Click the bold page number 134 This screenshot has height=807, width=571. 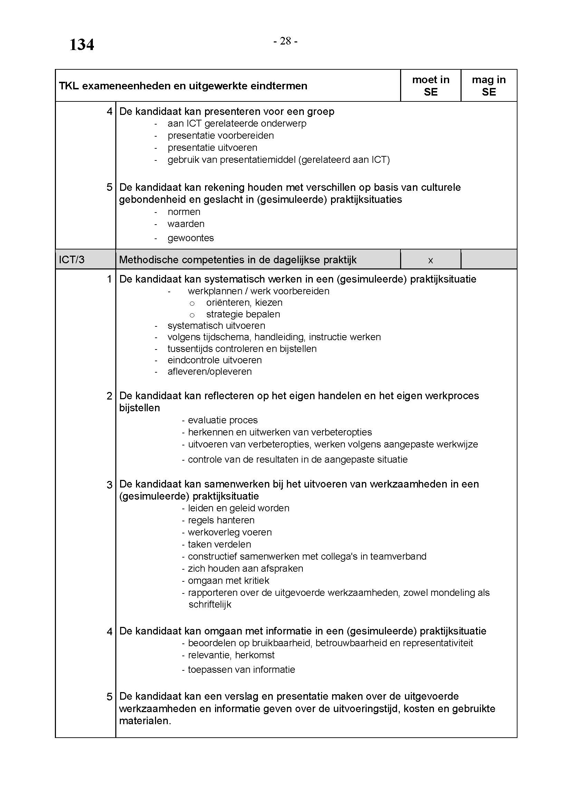tap(81, 45)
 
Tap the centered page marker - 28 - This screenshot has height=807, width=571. tap(285, 41)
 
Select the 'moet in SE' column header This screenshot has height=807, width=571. tap(430, 86)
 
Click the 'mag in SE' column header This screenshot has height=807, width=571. tap(489, 86)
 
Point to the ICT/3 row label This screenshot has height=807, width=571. tap(72, 260)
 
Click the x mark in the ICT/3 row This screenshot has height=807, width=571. tap(430, 260)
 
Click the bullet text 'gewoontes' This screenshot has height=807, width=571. tap(191, 238)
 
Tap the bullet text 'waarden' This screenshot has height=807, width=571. tap(186, 224)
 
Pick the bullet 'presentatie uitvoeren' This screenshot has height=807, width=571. tap(212, 148)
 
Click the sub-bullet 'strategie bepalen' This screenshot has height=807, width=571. tap(243, 314)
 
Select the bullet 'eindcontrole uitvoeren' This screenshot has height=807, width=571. tap(214, 360)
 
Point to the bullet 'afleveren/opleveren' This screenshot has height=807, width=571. tap(210, 372)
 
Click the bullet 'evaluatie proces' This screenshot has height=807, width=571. tap(223, 420)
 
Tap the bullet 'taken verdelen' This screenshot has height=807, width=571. tap(220, 544)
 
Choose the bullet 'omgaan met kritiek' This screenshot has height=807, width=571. tap(229, 581)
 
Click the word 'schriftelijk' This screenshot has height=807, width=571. tap(210, 604)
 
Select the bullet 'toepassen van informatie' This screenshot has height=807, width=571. tap(241, 670)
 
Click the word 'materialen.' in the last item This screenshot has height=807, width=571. tap(145, 721)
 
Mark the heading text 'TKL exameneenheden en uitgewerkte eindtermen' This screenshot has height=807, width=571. tap(183, 86)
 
